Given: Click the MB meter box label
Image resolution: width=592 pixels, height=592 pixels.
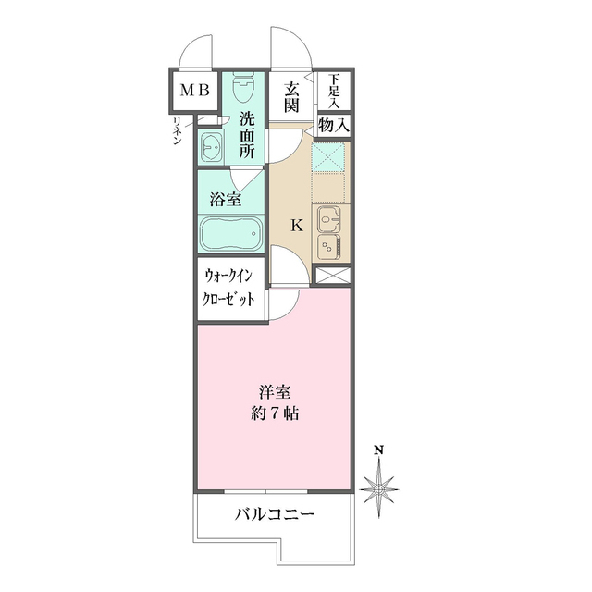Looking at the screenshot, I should pyautogui.click(x=194, y=91).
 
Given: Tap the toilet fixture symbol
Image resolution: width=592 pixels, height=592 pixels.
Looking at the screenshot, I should pyautogui.click(x=244, y=91).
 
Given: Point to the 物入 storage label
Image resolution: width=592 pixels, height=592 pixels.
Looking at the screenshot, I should pyautogui.click(x=333, y=123).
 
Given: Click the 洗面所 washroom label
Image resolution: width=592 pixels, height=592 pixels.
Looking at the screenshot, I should pyautogui.click(x=247, y=135).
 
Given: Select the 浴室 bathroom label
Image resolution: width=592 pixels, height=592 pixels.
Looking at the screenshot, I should pyautogui.click(x=225, y=198).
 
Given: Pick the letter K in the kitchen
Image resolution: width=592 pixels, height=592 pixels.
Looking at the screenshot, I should pyautogui.click(x=297, y=224).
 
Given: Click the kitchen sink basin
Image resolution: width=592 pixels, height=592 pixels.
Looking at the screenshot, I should pyautogui.click(x=329, y=219).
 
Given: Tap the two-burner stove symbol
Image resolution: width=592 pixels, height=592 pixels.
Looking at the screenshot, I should pyautogui.click(x=329, y=247).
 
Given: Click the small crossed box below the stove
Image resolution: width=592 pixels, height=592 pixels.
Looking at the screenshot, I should pyautogui.click(x=332, y=275).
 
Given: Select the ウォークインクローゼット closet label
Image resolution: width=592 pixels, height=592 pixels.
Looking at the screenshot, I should pyautogui.click(x=229, y=289).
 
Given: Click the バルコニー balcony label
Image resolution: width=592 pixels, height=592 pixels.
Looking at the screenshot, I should pyautogui.click(x=275, y=513).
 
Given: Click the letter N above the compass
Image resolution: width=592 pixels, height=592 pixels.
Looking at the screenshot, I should pyautogui.click(x=379, y=451).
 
